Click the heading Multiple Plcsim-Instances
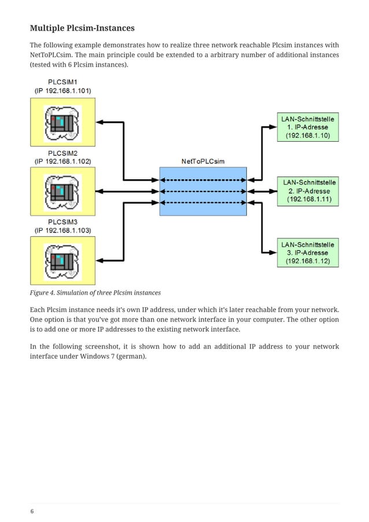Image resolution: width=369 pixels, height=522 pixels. coord(82,28)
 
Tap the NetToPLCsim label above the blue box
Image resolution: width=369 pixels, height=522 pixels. coord(203,161)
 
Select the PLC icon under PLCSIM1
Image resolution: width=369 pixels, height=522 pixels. coord(62,122)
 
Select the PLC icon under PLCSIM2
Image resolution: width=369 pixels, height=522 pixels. coord(62,191)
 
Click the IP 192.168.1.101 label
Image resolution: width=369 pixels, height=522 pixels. coord(62,91)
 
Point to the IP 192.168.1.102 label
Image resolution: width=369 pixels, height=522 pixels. coord(62,161)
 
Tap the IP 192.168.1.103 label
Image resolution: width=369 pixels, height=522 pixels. coord(62,230)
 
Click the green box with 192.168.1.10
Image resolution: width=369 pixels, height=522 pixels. coord(308,127)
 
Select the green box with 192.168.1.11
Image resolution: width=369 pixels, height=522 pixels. coord(308,191)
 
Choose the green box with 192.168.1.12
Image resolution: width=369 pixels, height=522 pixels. coord(308,253)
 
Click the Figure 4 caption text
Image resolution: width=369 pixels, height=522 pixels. coord(95,292)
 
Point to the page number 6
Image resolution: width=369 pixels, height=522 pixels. coord(32,511)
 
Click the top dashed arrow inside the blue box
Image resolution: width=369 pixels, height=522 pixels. coord(203,180)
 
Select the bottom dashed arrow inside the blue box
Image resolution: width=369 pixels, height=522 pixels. coord(203,202)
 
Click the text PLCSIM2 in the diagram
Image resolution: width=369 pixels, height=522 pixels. coord(62,153)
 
